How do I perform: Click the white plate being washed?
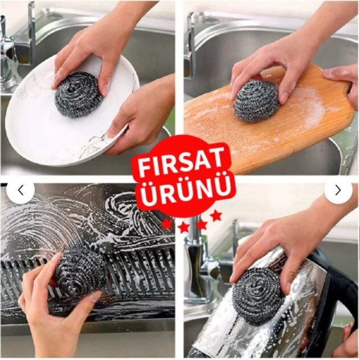tap(69, 113)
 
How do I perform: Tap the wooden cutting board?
tap(269, 120)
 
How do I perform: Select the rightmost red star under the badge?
tap(216, 216)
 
